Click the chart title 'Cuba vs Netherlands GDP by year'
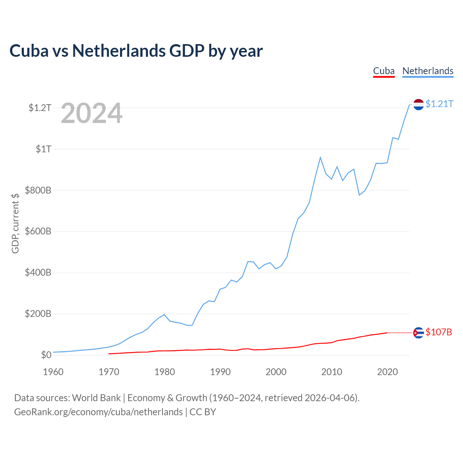136,51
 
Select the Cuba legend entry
384,71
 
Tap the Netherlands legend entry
428,71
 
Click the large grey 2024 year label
92,114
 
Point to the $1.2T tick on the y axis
40,108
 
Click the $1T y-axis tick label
43,149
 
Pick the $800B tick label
38,190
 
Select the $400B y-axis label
38,272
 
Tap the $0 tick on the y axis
46,355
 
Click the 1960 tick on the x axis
53,372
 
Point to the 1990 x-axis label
220,372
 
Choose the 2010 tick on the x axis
332,372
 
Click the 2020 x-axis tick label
387,372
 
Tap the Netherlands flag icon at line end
419,104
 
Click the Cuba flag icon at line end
419,332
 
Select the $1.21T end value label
439,104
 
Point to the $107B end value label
439,332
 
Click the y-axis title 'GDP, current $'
15,223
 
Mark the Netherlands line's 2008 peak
320,157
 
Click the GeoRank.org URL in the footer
98,412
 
